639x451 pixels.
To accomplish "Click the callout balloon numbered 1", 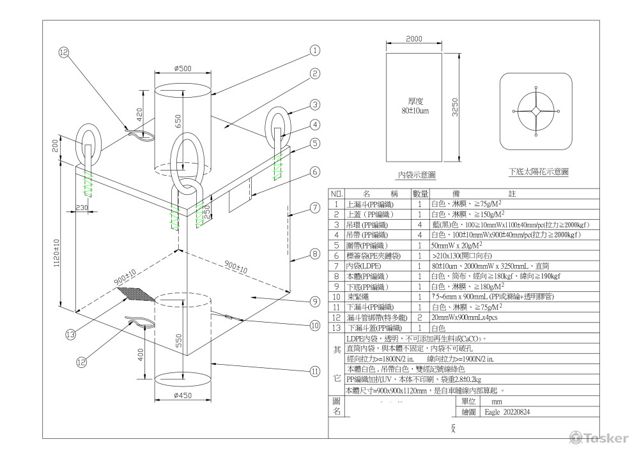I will coord(314,50).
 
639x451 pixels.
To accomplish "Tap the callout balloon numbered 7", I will coord(314,207).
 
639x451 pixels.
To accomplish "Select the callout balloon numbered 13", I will coord(70,333).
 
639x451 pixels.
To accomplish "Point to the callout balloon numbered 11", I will coord(314,371).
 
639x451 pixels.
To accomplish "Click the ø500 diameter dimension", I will coord(183,69).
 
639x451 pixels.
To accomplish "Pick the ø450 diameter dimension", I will coord(182,396).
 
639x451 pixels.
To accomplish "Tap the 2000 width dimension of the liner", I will coord(414,39).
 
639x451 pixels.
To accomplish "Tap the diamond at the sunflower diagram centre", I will coord(535,111).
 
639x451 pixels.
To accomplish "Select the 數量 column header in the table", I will coord(419,193).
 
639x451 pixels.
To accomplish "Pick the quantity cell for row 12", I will coord(419,317).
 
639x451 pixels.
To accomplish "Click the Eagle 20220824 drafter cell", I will coord(508,412).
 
